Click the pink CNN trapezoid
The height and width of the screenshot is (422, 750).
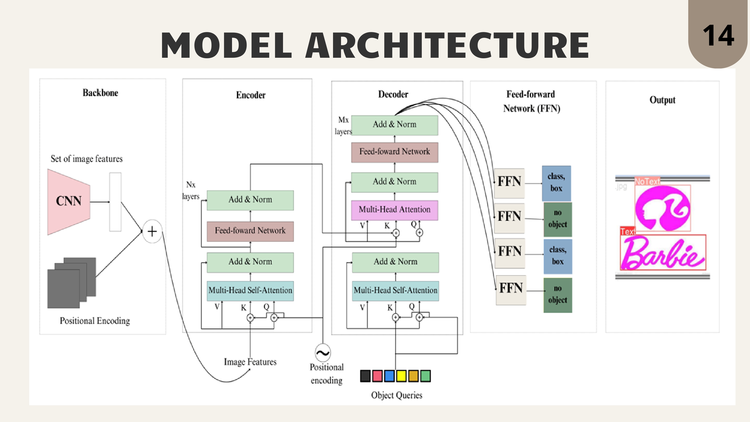(69, 202)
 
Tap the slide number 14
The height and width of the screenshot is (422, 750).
(718, 35)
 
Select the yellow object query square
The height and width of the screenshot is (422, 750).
(401, 376)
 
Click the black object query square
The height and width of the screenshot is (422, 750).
(365, 376)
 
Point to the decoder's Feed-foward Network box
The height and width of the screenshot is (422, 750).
(394, 152)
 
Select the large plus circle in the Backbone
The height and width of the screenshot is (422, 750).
(152, 231)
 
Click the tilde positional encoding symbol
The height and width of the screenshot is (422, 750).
(322, 353)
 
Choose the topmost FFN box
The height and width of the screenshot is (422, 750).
(509, 183)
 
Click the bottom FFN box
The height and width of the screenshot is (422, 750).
(511, 290)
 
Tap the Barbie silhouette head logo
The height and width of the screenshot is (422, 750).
(662, 208)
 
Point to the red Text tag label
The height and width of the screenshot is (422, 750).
(627, 231)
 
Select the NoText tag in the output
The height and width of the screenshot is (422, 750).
(647, 181)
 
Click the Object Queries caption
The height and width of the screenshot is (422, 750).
(396, 395)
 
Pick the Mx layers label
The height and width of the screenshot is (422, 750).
(343, 125)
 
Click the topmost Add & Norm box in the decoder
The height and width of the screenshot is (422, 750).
(394, 125)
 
